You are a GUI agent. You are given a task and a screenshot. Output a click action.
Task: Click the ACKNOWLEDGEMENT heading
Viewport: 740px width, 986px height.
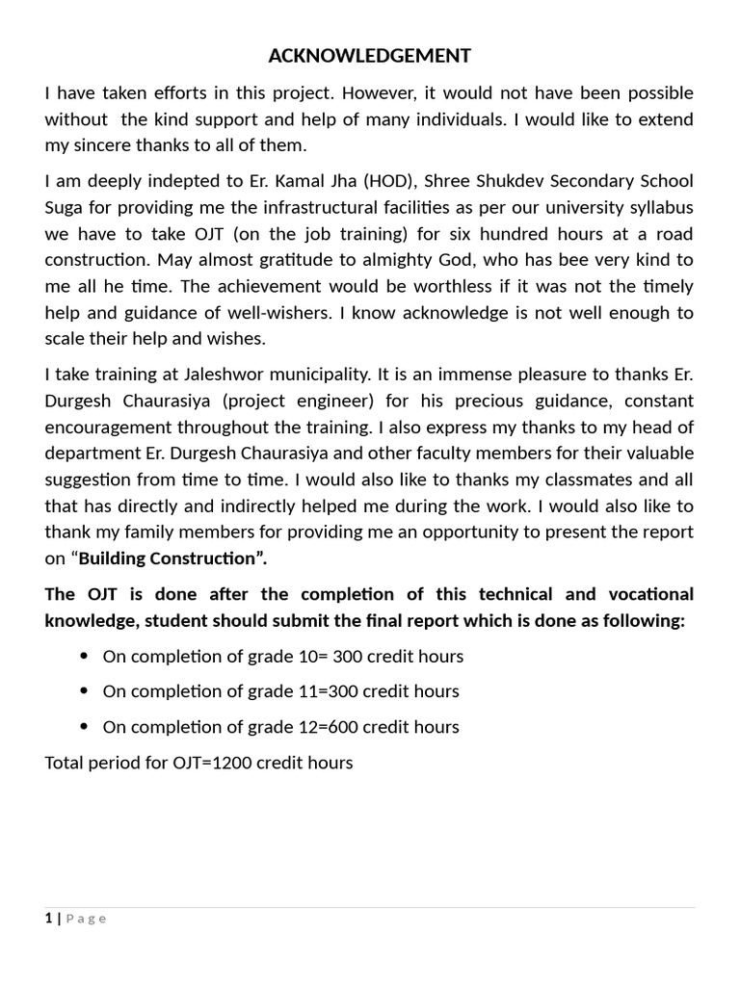[370, 57]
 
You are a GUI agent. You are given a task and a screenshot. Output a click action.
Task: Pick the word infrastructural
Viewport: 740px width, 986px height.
[330, 208]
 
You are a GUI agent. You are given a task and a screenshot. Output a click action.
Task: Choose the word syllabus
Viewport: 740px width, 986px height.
[660, 208]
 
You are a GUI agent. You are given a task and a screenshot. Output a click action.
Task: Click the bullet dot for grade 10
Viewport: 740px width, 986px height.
[83, 657]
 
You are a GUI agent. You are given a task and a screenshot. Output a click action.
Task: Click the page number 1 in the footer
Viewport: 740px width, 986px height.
[48, 919]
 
